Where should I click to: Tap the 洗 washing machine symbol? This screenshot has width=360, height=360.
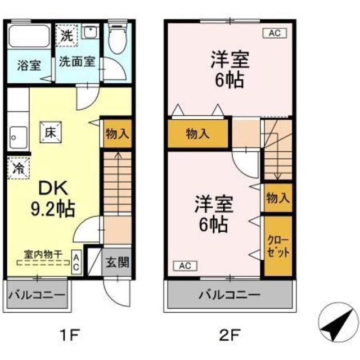click(x=67, y=35)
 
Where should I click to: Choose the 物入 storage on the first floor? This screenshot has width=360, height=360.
click(x=117, y=134)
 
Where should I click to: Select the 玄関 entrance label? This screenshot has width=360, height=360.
click(x=117, y=262)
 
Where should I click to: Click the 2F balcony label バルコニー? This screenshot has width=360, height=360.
click(x=229, y=294)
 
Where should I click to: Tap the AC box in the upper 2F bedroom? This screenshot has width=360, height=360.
click(x=274, y=34)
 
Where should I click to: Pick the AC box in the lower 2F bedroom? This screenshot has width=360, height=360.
click(x=184, y=265)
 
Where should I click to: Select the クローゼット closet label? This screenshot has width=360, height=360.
click(x=278, y=246)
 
